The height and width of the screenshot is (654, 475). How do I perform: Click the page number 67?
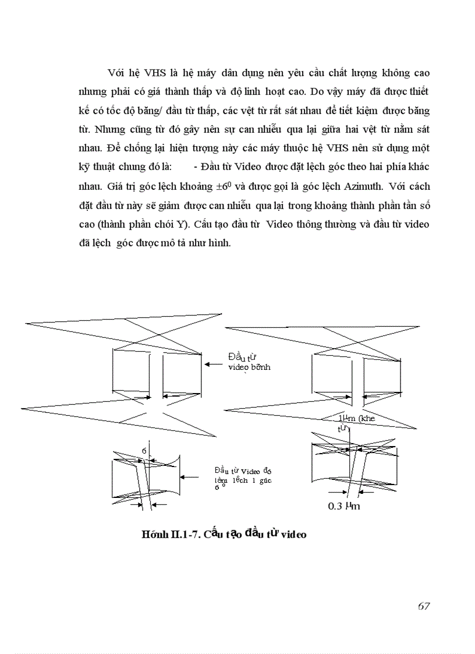(x=423, y=606)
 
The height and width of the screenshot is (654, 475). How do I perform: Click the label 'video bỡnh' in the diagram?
(x=250, y=367)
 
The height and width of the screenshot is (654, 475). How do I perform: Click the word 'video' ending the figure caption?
(x=293, y=535)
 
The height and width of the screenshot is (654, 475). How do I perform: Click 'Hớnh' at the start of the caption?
(x=153, y=535)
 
